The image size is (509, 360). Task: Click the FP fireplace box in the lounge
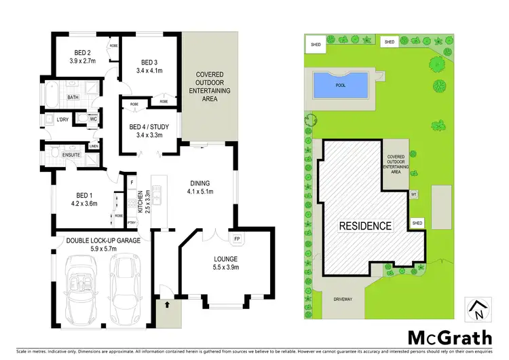click(x=237, y=240)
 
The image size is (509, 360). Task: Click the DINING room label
click(x=200, y=183)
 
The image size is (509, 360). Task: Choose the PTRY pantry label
click(x=132, y=222)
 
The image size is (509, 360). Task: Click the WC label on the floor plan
click(x=94, y=120)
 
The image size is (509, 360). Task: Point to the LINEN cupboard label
click(x=93, y=145)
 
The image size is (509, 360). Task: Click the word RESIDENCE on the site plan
click(x=365, y=226)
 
